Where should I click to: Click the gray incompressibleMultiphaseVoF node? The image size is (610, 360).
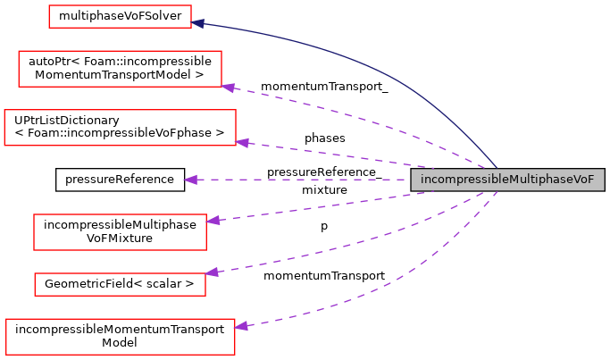click(506, 180)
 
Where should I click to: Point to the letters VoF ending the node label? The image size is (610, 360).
click(581, 180)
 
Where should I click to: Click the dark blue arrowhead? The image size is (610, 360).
click(198, 23)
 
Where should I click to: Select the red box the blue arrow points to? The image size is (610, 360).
click(120, 16)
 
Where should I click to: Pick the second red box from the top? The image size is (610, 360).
click(120, 69)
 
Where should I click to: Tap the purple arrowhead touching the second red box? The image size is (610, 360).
click(229, 88)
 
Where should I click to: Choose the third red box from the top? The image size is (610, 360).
click(120, 128)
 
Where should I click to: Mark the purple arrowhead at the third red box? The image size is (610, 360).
click(241, 142)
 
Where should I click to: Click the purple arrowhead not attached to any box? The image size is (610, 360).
click(190, 180)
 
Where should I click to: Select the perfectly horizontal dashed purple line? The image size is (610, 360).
click(304, 180)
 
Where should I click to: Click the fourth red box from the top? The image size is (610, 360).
click(120, 232)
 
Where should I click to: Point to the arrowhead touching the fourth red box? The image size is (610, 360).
click(213, 220)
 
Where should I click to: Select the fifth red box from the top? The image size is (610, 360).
click(120, 284)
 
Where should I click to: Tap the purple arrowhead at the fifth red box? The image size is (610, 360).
click(212, 272)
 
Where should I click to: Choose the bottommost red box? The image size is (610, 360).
click(120, 337)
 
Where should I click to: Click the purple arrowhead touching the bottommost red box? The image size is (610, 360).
click(241, 327)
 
